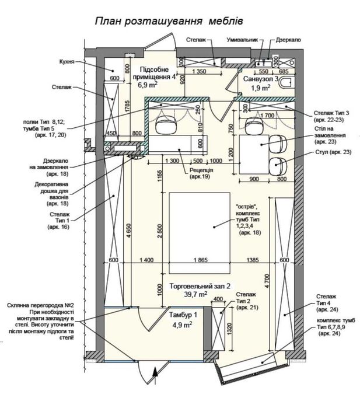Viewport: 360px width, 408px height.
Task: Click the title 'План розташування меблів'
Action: tap(169, 21)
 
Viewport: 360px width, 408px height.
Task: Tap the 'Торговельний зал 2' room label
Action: tap(200, 286)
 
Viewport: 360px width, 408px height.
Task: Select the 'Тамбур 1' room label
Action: tap(183, 315)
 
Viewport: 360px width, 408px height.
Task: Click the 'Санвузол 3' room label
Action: tap(261, 79)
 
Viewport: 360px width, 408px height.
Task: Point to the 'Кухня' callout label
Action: tap(67, 62)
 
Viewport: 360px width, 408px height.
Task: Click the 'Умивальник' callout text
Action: tap(242, 40)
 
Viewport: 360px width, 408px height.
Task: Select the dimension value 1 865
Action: tap(201, 260)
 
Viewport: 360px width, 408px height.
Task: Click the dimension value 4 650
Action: tap(130, 231)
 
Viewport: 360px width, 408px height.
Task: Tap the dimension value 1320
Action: tap(229, 330)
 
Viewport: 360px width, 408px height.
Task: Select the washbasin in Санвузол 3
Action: tap(263, 63)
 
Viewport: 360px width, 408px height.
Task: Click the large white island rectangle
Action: tap(200, 233)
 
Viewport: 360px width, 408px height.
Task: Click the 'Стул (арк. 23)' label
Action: tap(333, 152)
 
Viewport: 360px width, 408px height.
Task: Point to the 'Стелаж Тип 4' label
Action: tap(327, 303)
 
